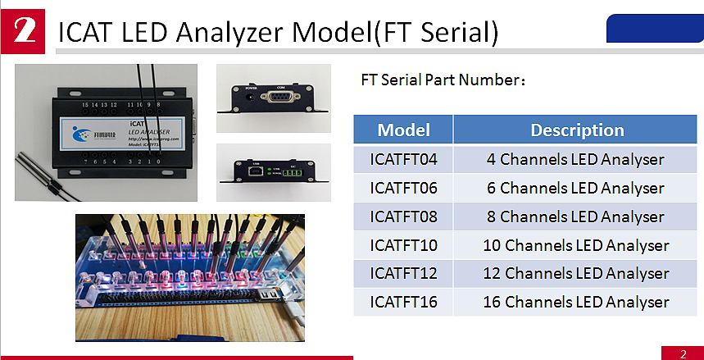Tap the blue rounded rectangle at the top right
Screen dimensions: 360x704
(654, 29)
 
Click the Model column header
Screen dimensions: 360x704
(403, 130)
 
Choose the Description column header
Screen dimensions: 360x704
(577, 130)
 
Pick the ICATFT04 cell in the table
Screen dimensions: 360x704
(403, 159)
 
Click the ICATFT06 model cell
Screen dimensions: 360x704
(403, 188)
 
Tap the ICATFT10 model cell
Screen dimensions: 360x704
(403, 245)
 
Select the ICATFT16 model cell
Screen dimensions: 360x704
(403, 302)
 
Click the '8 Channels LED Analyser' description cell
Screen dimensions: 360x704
(577, 216)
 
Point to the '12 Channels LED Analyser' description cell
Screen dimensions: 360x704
(577, 273)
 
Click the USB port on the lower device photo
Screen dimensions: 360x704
(256, 173)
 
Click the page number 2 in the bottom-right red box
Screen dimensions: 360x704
(683, 353)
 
